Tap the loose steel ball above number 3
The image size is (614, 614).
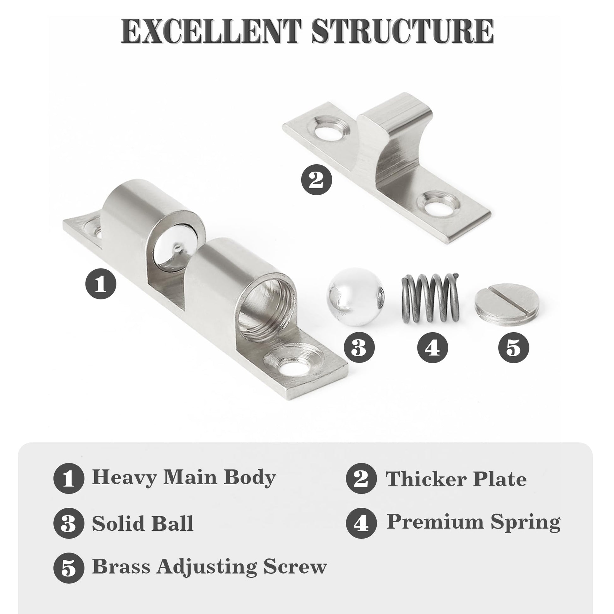356,297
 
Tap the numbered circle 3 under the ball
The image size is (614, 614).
359,347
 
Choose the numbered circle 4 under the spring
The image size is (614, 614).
433,347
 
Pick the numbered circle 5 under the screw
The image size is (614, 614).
514,347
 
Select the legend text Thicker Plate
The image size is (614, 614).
456,479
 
